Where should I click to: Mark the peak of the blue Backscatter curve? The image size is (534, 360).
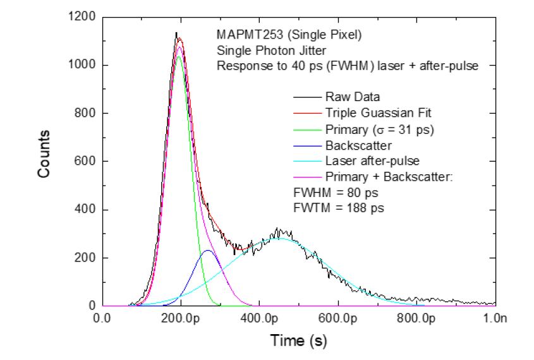point(207,250)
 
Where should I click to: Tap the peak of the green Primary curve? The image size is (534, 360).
point(179,57)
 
